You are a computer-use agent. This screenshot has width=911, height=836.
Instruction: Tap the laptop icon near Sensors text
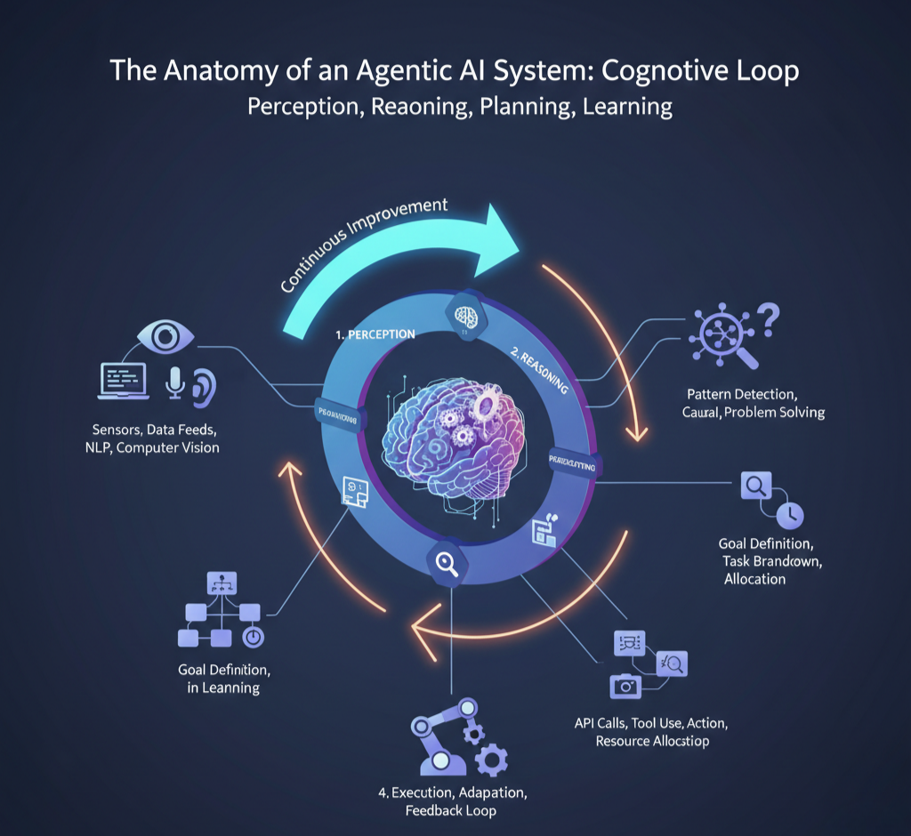(x=123, y=380)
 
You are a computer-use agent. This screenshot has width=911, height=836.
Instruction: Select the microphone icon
(x=175, y=382)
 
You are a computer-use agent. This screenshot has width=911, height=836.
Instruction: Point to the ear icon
(x=204, y=387)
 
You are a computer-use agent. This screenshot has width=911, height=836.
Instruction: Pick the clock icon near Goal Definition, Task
(x=789, y=515)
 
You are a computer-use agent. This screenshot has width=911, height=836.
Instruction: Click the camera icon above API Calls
(x=625, y=685)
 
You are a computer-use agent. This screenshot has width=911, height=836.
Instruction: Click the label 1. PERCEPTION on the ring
(x=375, y=334)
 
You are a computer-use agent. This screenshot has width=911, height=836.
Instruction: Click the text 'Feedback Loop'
(x=450, y=810)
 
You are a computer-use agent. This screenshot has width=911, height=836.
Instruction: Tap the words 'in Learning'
(x=223, y=687)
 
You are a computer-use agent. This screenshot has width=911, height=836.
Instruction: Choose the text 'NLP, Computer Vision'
(x=146, y=447)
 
